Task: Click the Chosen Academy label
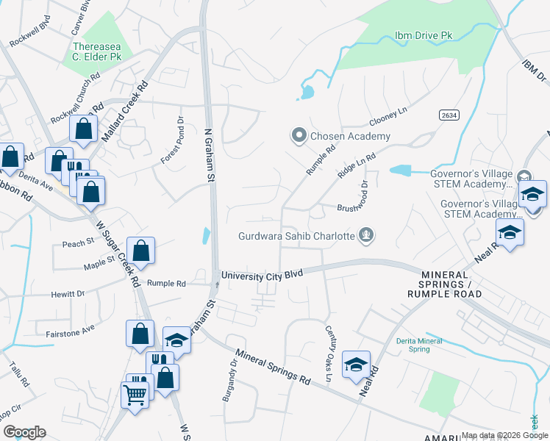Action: tap(350, 136)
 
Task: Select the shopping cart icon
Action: tap(135, 395)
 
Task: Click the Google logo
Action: tap(24, 432)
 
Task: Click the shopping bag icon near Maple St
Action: tap(140, 251)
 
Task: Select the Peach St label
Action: tap(78, 243)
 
